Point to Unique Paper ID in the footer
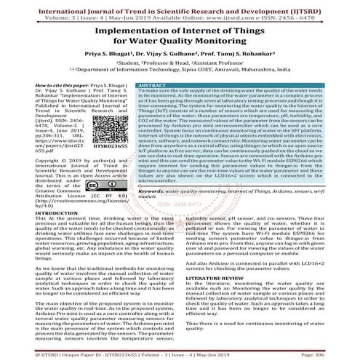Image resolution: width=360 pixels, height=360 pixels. (64, 353)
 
